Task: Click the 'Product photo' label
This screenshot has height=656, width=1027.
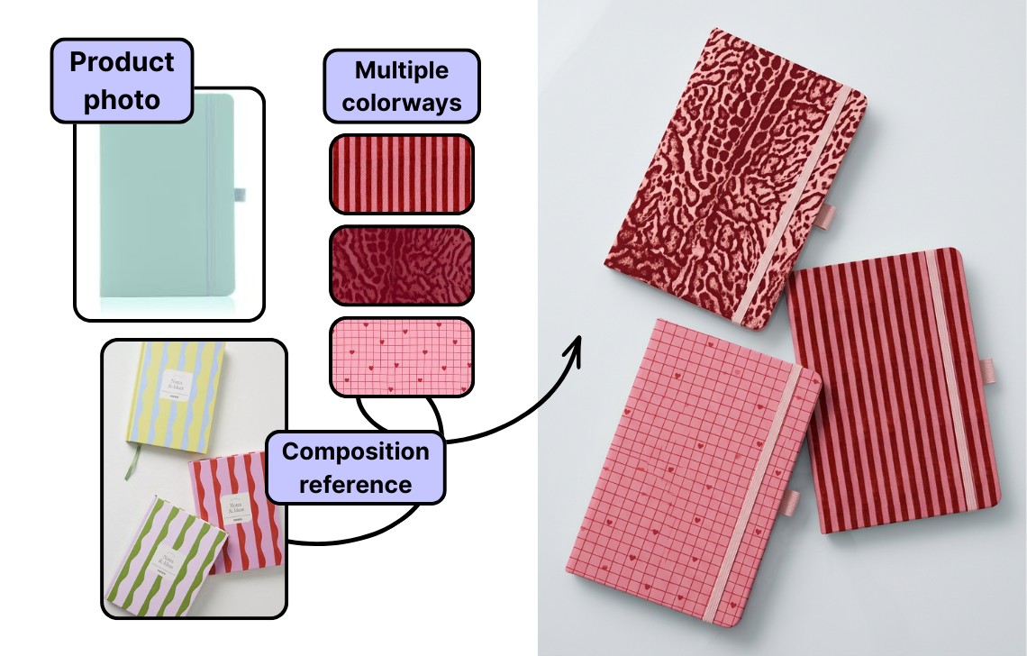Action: (123, 80)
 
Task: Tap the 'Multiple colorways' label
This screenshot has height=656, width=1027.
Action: (401, 87)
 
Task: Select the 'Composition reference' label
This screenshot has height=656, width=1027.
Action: (356, 467)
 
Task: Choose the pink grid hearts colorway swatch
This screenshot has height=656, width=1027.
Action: (401, 356)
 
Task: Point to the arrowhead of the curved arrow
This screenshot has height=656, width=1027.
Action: (577, 345)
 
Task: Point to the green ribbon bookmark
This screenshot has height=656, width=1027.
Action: (136, 460)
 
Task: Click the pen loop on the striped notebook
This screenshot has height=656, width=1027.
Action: (989, 370)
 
